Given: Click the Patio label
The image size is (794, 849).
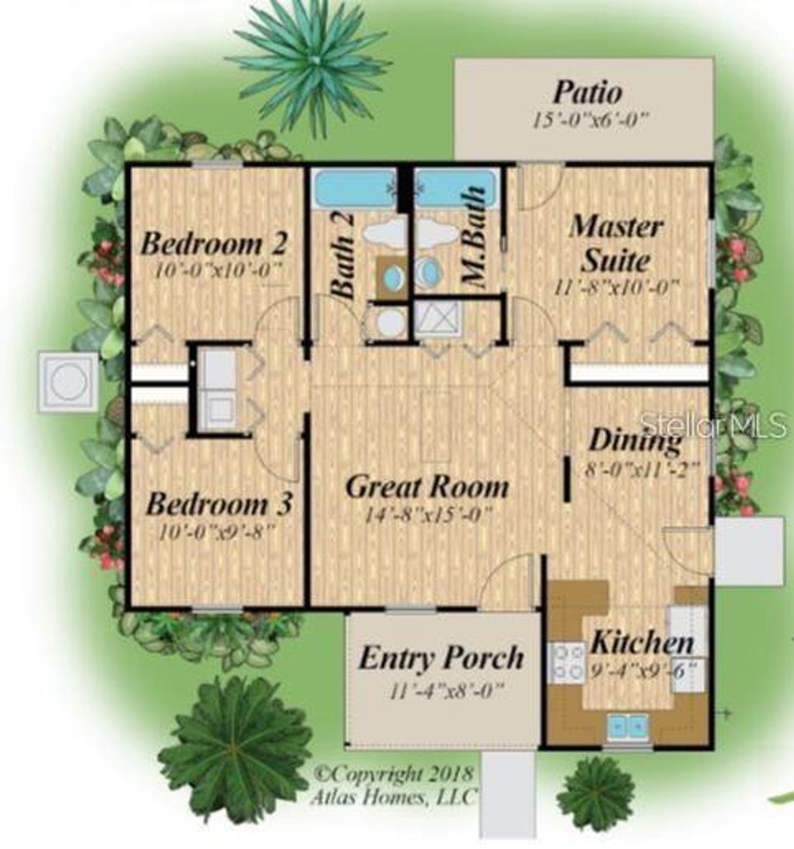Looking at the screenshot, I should pos(586,93).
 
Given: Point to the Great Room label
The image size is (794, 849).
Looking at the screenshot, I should pos(427,487).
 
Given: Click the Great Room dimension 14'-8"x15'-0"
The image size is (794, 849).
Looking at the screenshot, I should pos(427,516).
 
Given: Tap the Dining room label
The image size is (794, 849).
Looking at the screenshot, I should pos(635,441).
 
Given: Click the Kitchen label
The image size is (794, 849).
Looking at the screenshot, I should pos(642,643).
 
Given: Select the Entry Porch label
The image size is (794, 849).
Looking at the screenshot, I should pos(440,659).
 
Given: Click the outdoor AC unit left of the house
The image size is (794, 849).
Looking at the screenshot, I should pos(69,382).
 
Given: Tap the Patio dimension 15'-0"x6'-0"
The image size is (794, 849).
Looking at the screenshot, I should pos(589,120).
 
